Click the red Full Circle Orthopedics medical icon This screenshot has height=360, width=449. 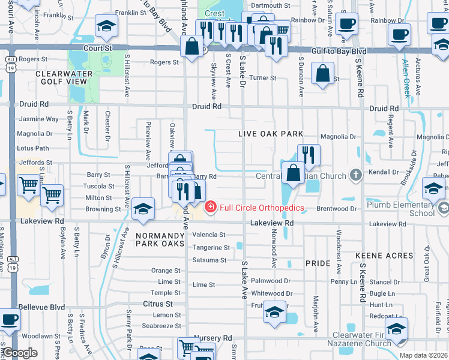(210, 208)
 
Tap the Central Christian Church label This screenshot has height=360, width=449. (301, 176)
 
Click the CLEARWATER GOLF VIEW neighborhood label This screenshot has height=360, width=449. (64, 78)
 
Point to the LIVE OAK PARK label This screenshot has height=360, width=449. (270, 134)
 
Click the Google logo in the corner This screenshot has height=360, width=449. (20, 353)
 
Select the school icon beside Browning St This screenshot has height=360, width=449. (143, 208)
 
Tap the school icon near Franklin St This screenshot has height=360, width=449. (106, 25)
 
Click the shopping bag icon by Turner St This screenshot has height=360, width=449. (323, 73)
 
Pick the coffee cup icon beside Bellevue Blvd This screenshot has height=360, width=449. (8, 319)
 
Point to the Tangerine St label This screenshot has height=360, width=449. (211, 247)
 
